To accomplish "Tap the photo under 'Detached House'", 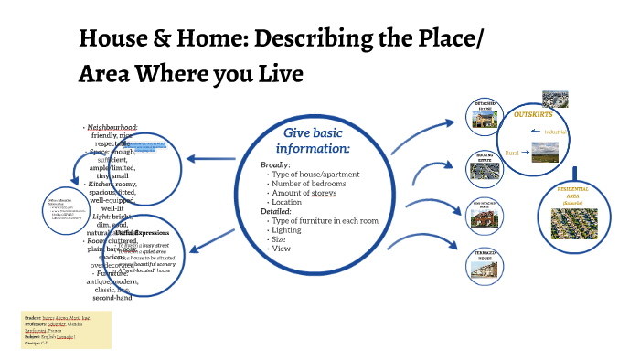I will pyautogui.click(x=485, y=119).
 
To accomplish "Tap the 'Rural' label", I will pyautogui.click(x=512, y=153).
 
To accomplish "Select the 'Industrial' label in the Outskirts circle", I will pyautogui.click(x=555, y=132).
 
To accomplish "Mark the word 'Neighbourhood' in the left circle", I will pyautogui.click(x=112, y=127).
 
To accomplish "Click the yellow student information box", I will pyautogui.click(x=66, y=329).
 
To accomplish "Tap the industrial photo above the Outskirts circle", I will pyautogui.click(x=555, y=99).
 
